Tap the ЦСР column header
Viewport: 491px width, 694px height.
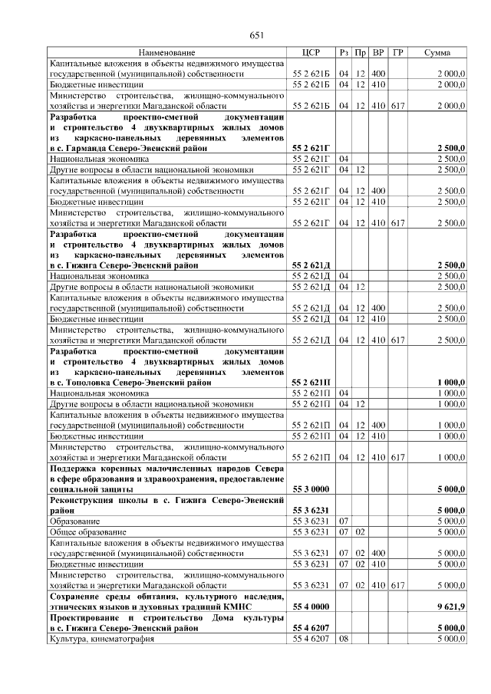coord(311,52)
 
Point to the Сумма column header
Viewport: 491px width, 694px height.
coord(437,52)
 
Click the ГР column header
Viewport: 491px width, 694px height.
coord(397,52)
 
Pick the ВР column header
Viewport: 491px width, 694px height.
coord(378,52)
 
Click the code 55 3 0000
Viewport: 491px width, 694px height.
coord(311,488)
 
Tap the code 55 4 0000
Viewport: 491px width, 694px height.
coord(311,606)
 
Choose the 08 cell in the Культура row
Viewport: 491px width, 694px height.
coord(344,638)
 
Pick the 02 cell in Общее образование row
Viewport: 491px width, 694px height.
coord(361,531)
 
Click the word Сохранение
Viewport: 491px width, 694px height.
coord(80,595)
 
